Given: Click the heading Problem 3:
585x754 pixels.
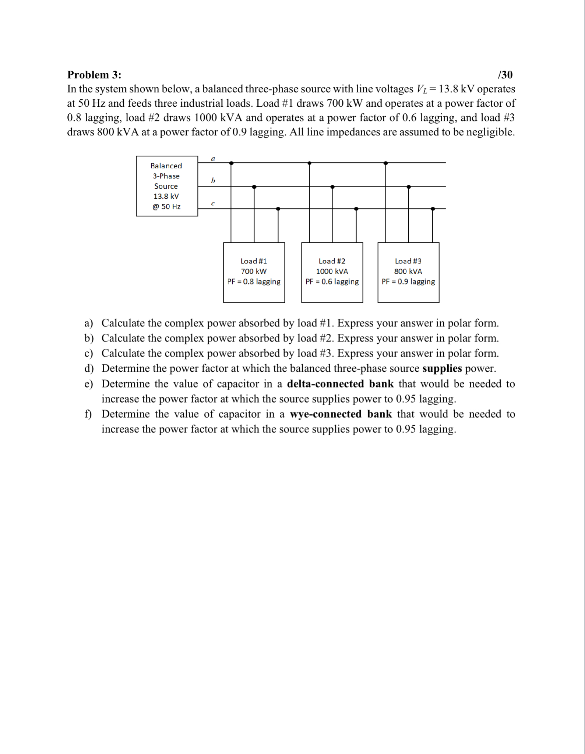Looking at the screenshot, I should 94,75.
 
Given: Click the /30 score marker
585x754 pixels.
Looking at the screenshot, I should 505,75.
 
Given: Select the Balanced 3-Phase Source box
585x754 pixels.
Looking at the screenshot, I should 167,186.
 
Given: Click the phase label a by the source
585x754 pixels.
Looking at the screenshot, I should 213,159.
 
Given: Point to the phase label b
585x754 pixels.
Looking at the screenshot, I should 213,180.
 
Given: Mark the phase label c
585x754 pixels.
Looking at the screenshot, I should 213,203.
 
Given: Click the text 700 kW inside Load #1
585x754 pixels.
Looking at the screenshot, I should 254,271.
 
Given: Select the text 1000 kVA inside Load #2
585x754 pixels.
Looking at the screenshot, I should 332,271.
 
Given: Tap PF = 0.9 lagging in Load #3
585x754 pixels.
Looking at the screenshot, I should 408,282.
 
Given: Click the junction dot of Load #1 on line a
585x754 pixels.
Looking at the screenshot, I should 231,163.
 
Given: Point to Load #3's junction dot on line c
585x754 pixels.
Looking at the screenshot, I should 433,209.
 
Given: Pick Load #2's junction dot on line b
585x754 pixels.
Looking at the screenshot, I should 332,187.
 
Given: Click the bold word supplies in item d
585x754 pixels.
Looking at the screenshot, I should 442,368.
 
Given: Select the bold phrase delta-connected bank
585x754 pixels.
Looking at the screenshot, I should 340,384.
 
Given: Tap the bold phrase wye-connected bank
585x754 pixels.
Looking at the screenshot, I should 341,414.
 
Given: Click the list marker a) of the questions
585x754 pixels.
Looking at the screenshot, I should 88,323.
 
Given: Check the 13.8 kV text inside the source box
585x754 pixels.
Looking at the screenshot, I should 166,196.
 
